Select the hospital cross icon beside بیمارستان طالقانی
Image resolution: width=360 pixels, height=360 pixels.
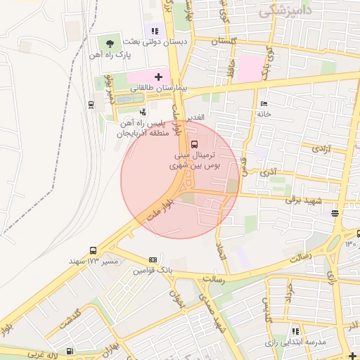(x=158, y=77)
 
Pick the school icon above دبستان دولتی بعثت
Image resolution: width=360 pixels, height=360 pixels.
(x=155, y=31)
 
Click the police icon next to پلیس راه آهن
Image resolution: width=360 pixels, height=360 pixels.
(x=143, y=112)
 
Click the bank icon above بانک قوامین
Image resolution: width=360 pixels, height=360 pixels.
(x=153, y=259)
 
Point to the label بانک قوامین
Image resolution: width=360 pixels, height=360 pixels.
(x=153, y=270)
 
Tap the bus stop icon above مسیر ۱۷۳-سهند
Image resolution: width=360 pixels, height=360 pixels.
(x=94, y=250)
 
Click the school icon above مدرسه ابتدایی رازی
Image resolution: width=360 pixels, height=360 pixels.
(x=296, y=330)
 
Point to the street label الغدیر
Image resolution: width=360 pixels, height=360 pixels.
(x=194, y=117)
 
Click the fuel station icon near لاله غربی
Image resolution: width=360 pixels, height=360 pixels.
(x=70, y=351)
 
